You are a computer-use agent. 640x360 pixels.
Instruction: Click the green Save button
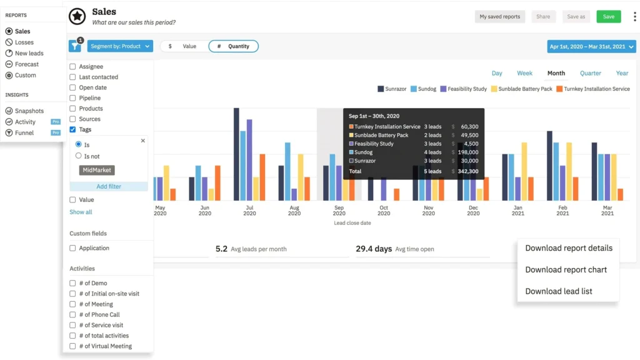click(x=608, y=17)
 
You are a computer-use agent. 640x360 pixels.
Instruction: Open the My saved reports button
click(x=500, y=17)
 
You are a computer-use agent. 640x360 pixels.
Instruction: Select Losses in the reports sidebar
click(x=24, y=42)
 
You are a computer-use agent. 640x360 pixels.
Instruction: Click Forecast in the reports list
click(x=27, y=64)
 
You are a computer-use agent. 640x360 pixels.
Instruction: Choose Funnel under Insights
click(x=24, y=133)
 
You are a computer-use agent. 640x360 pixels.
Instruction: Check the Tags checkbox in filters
click(x=73, y=129)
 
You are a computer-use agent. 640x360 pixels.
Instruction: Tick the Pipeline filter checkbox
click(x=73, y=98)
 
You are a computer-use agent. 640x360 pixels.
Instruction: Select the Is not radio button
click(x=79, y=156)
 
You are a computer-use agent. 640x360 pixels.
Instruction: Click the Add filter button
click(x=109, y=186)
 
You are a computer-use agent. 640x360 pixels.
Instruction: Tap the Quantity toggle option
click(x=233, y=46)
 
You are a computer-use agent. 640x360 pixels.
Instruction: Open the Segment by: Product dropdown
click(x=120, y=46)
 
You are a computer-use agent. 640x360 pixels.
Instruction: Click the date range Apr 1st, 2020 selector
click(x=591, y=46)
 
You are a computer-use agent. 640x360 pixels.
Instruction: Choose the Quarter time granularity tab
click(x=590, y=73)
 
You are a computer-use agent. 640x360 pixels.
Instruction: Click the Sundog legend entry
click(x=423, y=89)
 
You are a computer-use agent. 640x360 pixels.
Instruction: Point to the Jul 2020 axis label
click(x=249, y=211)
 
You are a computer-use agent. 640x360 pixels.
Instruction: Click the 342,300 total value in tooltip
click(x=467, y=171)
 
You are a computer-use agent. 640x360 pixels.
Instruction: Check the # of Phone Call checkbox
click(x=73, y=314)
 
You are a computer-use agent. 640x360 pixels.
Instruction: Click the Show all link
click(x=81, y=212)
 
